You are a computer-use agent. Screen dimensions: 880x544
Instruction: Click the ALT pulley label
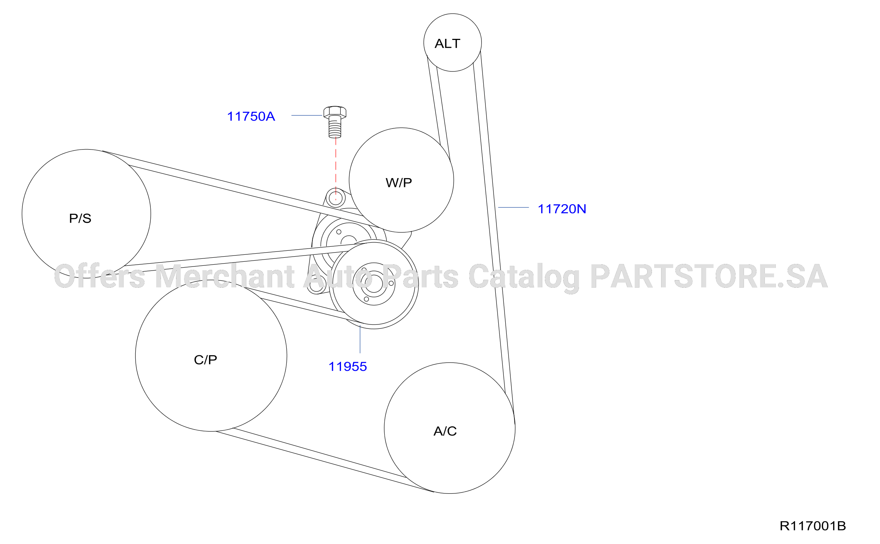pyautogui.click(x=447, y=44)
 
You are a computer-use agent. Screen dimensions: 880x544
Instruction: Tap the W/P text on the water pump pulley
pyautogui.click(x=399, y=183)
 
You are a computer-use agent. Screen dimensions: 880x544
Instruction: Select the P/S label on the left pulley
pyautogui.click(x=80, y=218)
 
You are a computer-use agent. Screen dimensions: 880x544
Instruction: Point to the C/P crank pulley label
pyautogui.click(x=205, y=360)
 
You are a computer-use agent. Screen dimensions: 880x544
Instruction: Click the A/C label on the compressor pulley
pyautogui.click(x=445, y=431)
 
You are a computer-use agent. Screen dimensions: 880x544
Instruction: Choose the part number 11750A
pyautogui.click(x=251, y=117)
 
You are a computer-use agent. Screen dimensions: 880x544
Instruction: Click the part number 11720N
pyautogui.click(x=562, y=209)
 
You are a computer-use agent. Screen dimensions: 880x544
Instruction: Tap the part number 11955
pyautogui.click(x=348, y=367)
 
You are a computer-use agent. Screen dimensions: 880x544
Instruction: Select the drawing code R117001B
pyautogui.click(x=813, y=526)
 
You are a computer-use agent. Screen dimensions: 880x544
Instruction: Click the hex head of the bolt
pyautogui.click(x=335, y=112)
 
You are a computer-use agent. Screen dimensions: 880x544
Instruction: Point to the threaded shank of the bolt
pyautogui.click(x=335, y=128)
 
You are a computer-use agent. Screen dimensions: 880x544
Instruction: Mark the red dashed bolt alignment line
pyautogui.click(x=335, y=169)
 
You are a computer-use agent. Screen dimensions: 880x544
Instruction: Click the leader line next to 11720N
pyautogui.click(x=513, y=207)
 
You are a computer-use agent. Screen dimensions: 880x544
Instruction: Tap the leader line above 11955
pyautogui.click(x=360, y=339)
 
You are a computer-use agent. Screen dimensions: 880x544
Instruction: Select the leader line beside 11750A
pyautogui.click(x=307, y=115)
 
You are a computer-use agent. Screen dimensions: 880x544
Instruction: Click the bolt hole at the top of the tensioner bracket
pyautogui.click(x=335, y=198)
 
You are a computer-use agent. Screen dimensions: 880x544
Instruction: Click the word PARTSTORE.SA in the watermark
pyautogui.click(x=708, y=276)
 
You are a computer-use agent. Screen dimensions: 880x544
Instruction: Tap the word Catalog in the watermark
pyautogui.click(x=524, y=277)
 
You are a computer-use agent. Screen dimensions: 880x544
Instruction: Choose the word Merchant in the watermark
pyautogui.click(x=224, y=276)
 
